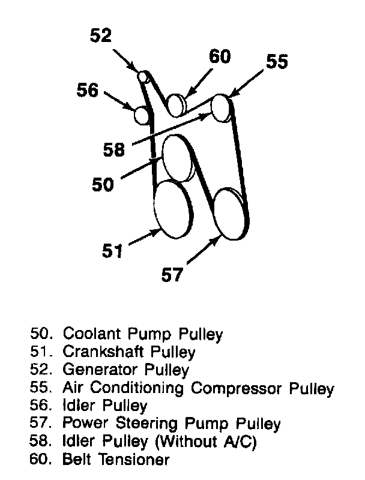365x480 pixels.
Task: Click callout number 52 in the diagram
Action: pos(101,36)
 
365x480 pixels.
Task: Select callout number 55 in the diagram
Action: pos(277,62)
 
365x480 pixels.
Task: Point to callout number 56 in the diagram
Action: pos(87,91)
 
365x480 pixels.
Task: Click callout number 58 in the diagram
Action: pos(114,149)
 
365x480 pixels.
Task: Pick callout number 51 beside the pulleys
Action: pos(111,250)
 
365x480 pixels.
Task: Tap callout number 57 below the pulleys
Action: pos(172,275)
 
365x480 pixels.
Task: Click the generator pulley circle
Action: pos(143,76)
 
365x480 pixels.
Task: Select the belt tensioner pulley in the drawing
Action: pos(175,105)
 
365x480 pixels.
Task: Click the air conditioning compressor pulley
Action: pos(221,107)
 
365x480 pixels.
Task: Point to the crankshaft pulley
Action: pos(170,209)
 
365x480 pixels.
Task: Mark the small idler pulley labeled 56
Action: pos(142,114)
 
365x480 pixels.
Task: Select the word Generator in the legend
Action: pos(93,370)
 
